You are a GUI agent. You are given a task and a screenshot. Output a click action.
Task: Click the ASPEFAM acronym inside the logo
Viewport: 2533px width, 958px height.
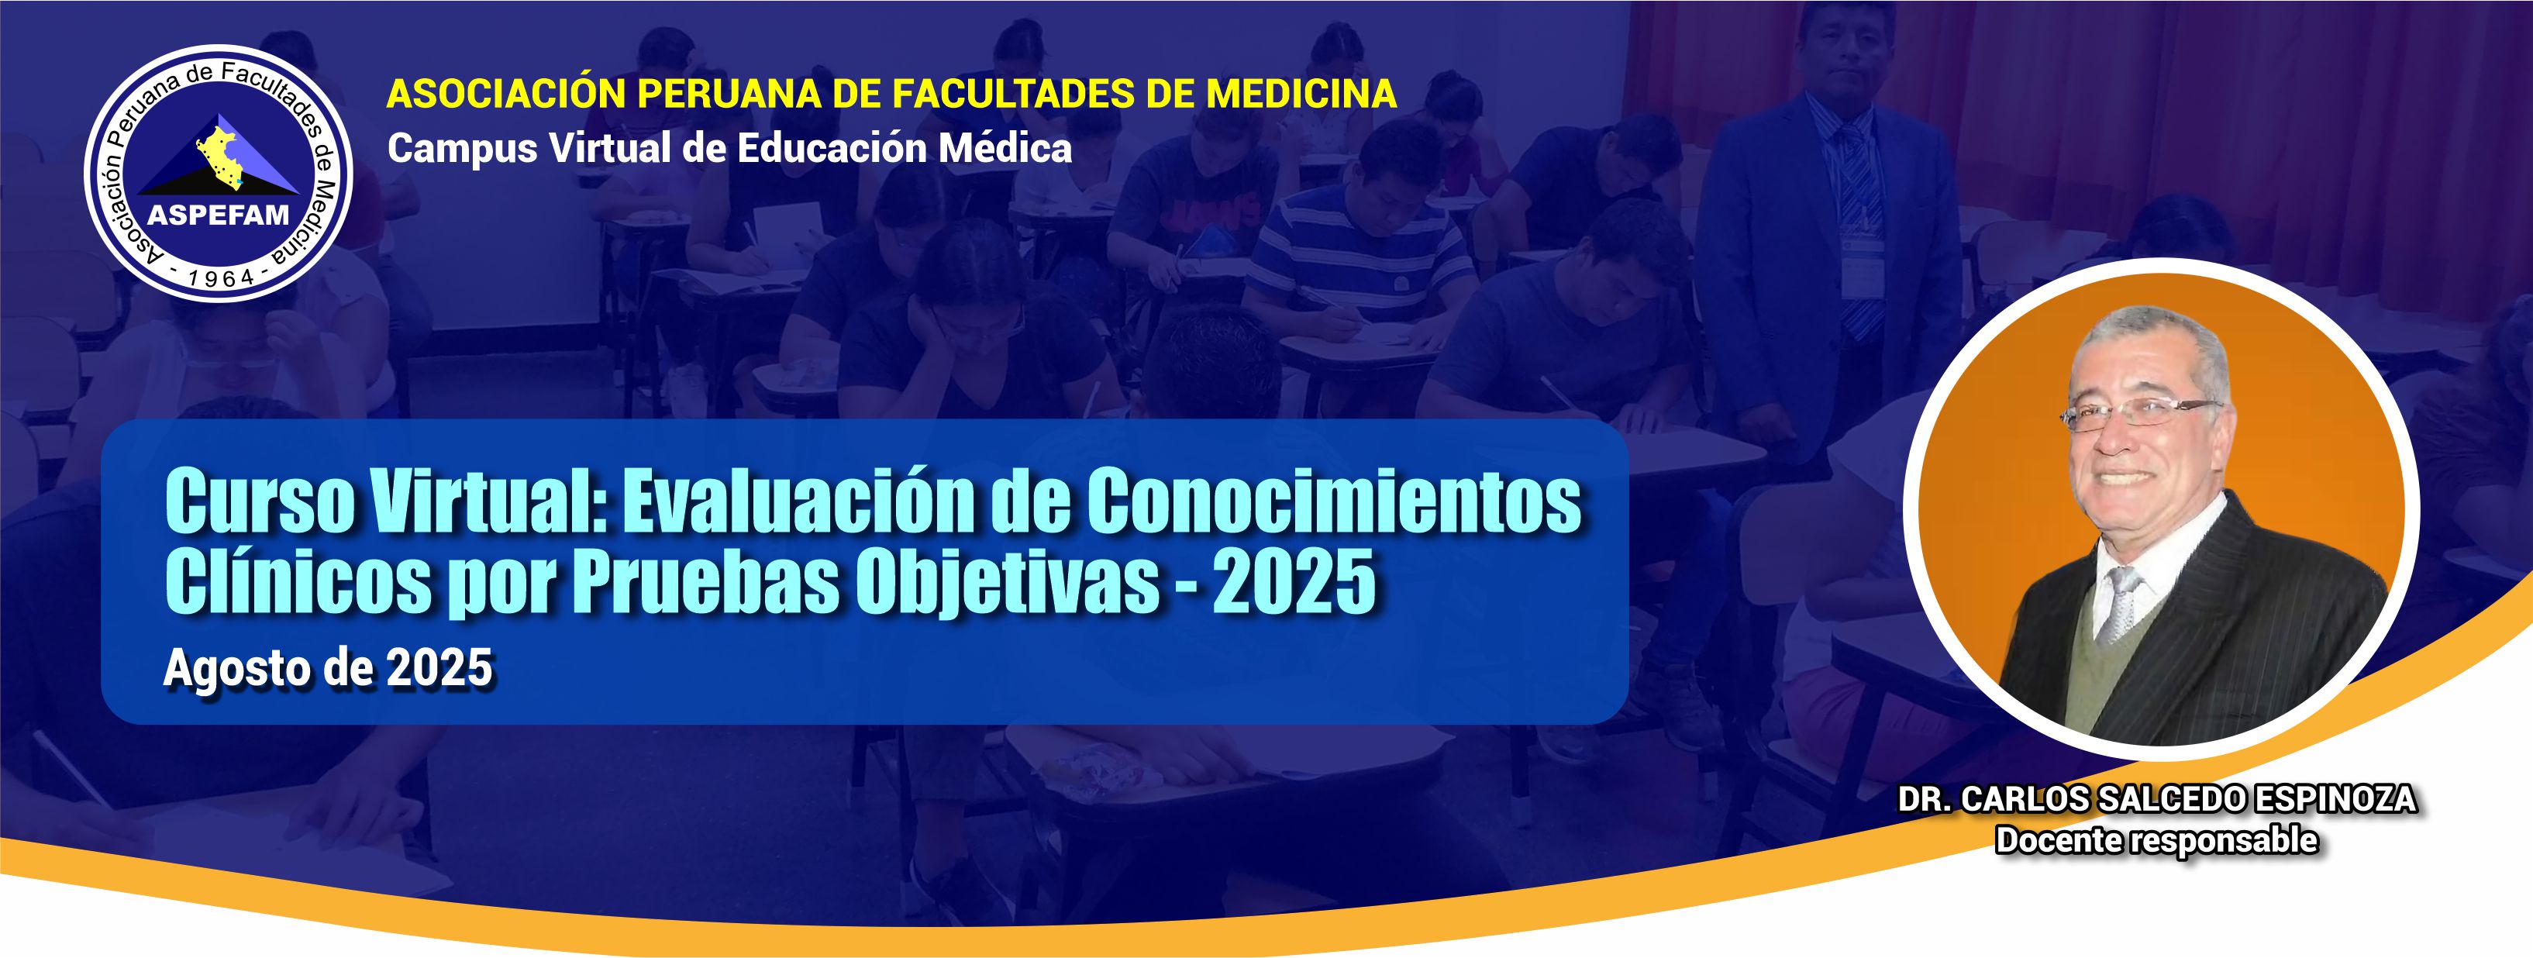pos(219,215)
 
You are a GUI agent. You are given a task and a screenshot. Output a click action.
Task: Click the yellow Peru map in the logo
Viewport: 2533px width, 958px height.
pos(220,153)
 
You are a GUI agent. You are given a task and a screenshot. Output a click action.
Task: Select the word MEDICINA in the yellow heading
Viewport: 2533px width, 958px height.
pos(1301,94)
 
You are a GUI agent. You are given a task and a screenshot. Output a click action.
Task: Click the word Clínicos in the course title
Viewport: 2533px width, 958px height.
pos(298,581)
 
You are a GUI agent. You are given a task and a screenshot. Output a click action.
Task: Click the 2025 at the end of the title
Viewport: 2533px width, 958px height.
pos(1294,581)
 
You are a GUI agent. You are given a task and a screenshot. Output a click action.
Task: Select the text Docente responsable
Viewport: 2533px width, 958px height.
pos(2156,841)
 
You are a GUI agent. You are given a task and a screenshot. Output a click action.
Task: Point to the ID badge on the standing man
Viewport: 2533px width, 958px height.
pos(1862,266)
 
